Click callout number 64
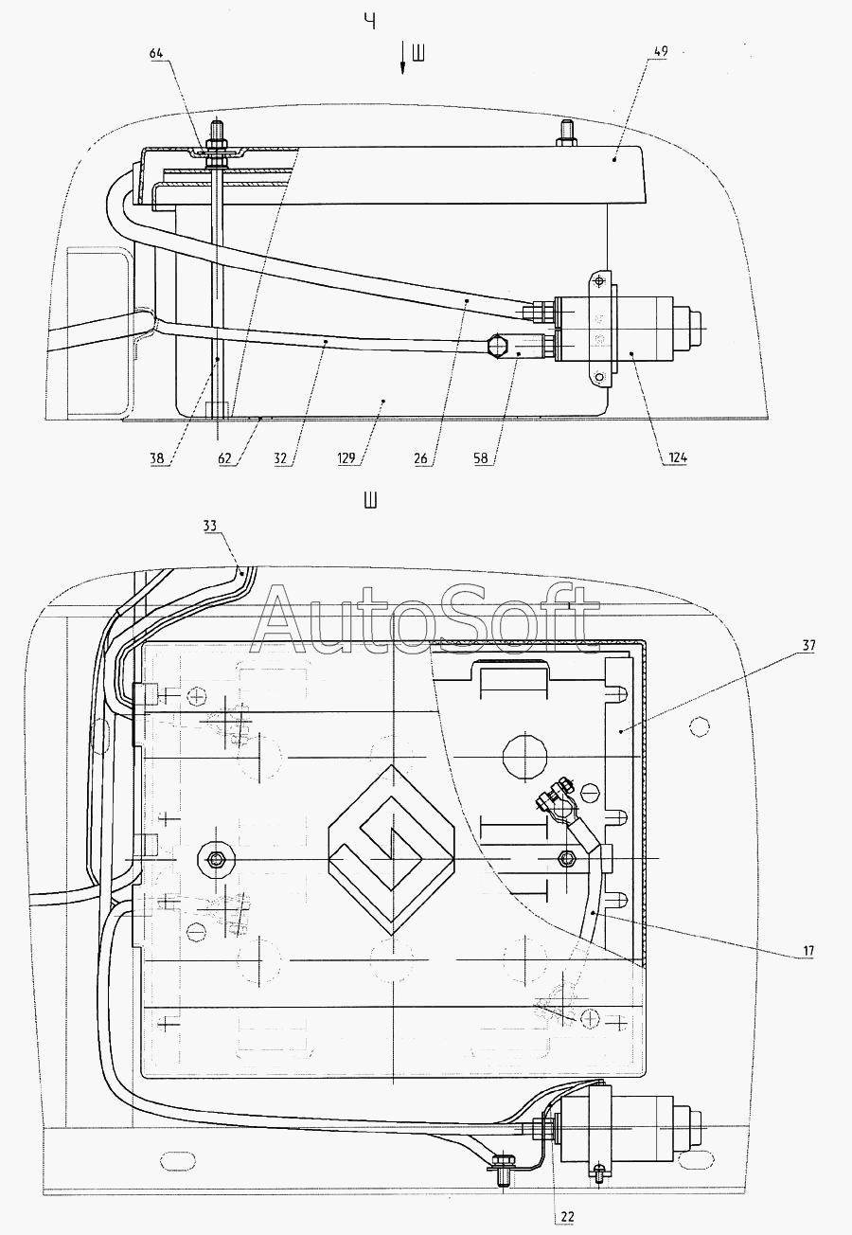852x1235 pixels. [x=156, y=53]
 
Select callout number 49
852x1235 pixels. [x=661, y=51]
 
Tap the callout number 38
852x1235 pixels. [x=155, y=457]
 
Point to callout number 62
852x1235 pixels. [x=224, y=457]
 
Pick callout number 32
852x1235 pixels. [x=280, y=457]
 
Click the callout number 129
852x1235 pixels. [x=347, y=457]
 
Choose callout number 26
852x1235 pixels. [x=421, y=457]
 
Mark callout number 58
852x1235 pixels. [x=481, y=457]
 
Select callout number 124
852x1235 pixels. [x=677, y=457]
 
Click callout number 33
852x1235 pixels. [x=210, y=526]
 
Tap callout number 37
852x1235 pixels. [x=808, y=645]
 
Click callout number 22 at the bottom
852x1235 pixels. [x=567, y=1216]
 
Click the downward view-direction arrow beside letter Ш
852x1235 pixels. [x=403, y=58]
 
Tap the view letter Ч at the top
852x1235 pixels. [x=371, y=22]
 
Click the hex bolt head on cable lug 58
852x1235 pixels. [x=497, y=347]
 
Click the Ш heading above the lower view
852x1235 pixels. [x=371, y=501]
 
